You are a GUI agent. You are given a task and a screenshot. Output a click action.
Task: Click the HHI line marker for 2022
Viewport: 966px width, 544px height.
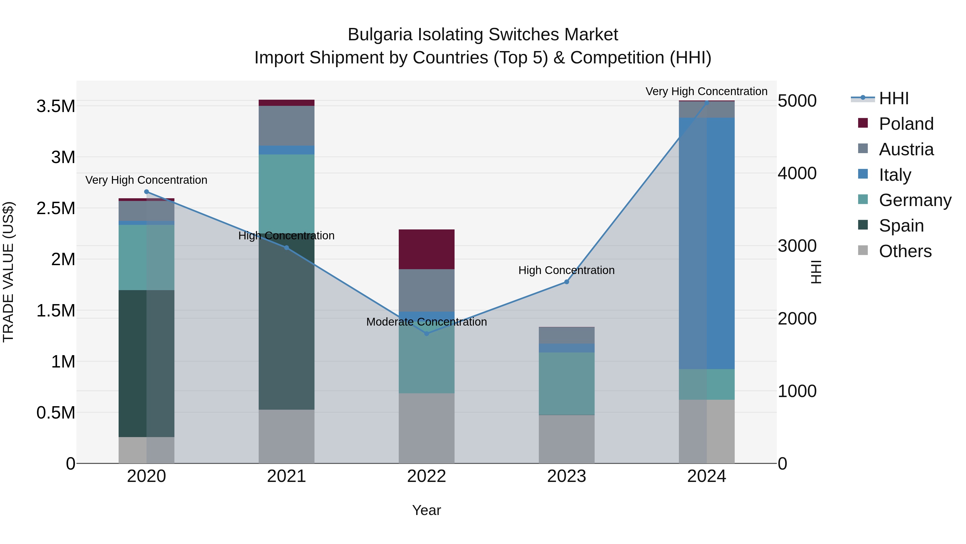tap(426, 333)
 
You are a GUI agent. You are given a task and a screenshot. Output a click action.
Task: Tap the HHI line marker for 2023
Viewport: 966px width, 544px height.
tap(567, 282)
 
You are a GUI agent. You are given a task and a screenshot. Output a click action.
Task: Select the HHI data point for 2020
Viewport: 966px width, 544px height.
tap(147, 192)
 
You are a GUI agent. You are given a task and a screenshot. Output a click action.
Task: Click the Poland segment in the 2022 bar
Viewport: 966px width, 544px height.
tap(426, 249)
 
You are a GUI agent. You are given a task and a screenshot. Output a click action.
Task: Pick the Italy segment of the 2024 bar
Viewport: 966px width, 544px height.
tap(707, 243)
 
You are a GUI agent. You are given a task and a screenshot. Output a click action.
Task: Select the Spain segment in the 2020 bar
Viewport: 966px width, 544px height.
tap(147, 363)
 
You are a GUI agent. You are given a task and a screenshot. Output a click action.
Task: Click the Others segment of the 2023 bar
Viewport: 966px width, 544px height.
tap(567, 439)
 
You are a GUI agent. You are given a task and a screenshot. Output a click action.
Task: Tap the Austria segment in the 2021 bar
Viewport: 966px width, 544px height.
tap(287, 126)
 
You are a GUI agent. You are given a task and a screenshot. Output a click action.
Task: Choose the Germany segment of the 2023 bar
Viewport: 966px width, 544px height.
tap(567, 383)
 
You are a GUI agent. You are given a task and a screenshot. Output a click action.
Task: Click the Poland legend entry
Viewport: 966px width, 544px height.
tap(906, 124)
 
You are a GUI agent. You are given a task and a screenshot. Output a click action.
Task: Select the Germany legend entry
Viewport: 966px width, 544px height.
tap(915, 200)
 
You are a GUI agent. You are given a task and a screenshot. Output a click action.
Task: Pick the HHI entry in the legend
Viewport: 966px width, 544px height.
tap(893, 98)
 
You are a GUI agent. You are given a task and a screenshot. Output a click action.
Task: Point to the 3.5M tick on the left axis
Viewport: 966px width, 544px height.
tap(56, 106)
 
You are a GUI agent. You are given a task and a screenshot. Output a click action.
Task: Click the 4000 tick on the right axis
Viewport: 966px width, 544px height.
tap(797, 174)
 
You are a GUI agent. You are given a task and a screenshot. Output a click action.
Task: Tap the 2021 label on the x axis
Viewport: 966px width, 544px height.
tap(287, 476)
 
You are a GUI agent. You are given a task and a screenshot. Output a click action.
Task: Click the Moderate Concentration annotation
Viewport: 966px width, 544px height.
tap(426, 322)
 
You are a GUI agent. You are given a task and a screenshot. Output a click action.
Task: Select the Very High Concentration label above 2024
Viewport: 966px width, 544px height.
tap(706, 91)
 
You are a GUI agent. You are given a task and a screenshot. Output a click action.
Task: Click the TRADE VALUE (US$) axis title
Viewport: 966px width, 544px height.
tap(8, 272)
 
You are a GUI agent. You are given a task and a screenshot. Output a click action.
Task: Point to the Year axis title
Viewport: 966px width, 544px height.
tap(426, 510)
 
